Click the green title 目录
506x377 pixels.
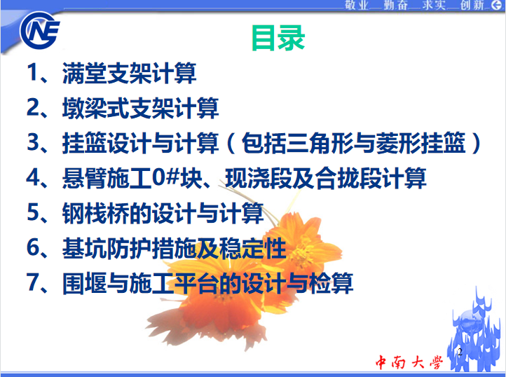[278, 38]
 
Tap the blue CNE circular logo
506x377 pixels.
[40, 31]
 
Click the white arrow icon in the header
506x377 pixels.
[497, 4]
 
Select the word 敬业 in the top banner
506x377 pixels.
[357, 5]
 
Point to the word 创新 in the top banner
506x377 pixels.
[472, 5]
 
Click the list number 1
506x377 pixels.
[33, 72]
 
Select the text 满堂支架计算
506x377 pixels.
[129, 74]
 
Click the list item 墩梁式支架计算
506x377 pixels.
[140, 108]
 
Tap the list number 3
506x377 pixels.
[33, 142]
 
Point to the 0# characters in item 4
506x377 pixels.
[165, 177]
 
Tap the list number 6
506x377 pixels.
[34, 247]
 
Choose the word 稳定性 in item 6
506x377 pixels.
[253, 249]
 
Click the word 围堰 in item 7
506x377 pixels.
[84, 283]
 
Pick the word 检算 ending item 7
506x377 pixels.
[331, 283]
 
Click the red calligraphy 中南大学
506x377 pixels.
[409, 362]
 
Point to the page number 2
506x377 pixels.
[460, 352]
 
